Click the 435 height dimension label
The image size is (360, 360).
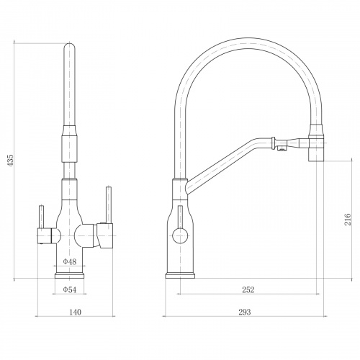click(11, 161)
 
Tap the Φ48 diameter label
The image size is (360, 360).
click(70, 261)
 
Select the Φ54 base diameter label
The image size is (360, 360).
click(70, 289)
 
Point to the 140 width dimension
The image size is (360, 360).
click(76, 312)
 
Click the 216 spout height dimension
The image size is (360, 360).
click(348, 219)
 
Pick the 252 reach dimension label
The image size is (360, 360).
click(248, 289)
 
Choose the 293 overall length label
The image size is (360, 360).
click(245, 312)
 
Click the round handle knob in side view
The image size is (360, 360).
click(180, 235)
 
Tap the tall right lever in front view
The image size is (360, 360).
click(109, 205)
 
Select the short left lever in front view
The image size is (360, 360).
click(42, 217)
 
